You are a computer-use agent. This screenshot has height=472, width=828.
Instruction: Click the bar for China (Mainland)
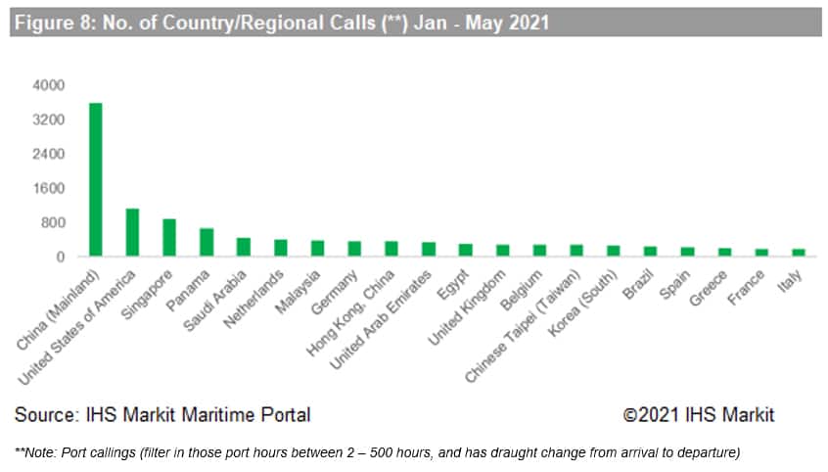pos(95,179)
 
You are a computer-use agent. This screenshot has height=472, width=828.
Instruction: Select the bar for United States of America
pos(132,233)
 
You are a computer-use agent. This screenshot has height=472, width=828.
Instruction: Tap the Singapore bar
pos(169,238)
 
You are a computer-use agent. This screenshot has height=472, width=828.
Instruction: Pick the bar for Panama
pos(206,243)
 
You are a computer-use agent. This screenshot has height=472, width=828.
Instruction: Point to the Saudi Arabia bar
pos(243,248)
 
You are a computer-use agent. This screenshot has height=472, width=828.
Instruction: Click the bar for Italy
pos(798,253)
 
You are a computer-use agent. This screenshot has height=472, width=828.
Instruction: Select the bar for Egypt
pos(465,251)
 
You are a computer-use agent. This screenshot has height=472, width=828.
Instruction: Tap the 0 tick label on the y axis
pos(60,258)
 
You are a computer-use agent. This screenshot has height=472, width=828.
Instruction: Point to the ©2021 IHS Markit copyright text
pos(698,415)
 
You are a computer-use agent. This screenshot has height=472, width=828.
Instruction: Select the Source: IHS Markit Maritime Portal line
pos(162,415)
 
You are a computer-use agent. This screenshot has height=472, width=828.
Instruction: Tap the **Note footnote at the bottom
pos(377,451)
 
